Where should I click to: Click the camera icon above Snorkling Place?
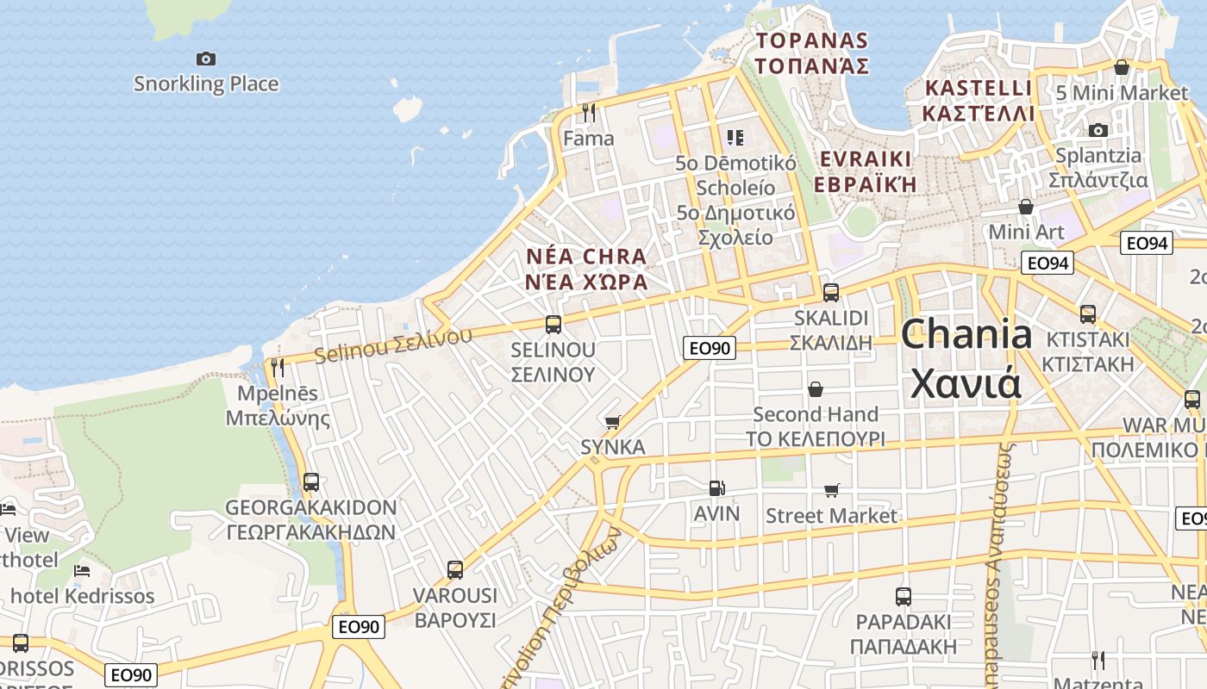[x=205, y=59]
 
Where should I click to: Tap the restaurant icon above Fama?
[x=589, y=113]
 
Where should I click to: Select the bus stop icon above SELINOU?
[x=553, y=325]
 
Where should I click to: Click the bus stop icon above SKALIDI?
[x=831, y=292]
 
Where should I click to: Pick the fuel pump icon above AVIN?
[x=716, y=488]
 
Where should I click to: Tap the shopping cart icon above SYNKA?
[x=613, y=422]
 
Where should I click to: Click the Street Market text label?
[x=831, y=516]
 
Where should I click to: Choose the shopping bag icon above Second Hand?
[x=816, y=389]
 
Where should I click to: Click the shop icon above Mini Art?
[x=1026, y=207]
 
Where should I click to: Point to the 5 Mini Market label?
[x=1122, y=92]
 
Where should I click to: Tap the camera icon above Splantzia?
[x=1098, y=130]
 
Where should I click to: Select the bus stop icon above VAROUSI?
[x=455, y=569]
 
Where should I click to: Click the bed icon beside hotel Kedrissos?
[x=82, y=570]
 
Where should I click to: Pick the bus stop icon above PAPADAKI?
[x=903, y=596]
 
